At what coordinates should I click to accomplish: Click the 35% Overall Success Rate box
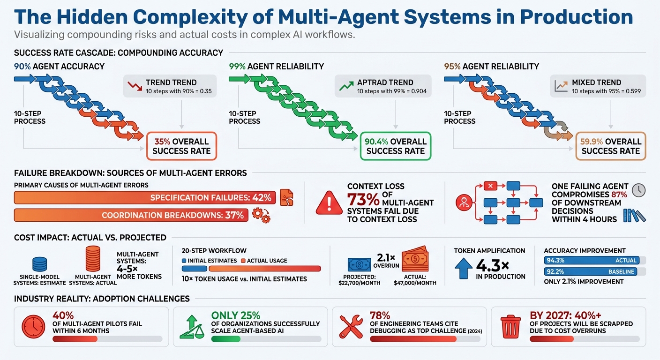[181, 146]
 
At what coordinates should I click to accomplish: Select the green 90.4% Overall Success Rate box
[395, 146]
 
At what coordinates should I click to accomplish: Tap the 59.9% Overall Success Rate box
[610, 146]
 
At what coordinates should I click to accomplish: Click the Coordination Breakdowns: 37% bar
[131, 215]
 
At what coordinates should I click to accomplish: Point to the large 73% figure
[363, 200]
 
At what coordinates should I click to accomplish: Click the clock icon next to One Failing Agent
[638, 190]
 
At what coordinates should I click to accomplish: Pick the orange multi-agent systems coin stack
[92, 259]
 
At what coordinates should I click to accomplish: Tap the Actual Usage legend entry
[264, 261]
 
